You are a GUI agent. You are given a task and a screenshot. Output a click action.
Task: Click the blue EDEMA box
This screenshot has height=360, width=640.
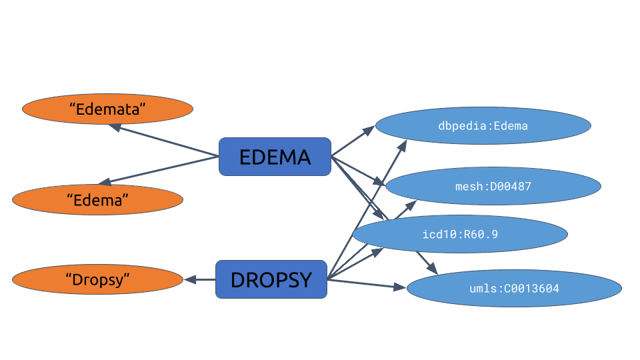tap(275, 157)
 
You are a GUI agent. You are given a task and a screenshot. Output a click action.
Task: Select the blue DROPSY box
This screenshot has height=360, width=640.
tap(271, 279)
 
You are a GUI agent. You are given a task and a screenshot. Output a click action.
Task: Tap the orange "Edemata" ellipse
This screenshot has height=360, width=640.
tap(107, 109)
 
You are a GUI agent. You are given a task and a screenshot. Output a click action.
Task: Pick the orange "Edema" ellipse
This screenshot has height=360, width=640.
tap(97, 199)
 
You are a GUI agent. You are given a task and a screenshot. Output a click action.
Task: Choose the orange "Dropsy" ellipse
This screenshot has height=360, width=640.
tap(97, 280)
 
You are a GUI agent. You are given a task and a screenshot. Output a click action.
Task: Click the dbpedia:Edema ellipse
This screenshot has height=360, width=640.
tap(483, 126)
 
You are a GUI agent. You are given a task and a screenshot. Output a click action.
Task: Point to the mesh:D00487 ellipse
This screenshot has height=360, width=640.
tap(493, 186)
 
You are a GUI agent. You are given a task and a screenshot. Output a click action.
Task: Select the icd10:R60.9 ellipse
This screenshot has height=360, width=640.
tap(460, 234)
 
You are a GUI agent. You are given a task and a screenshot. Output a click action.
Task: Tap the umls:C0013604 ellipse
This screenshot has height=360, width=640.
tap(514, 289)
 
